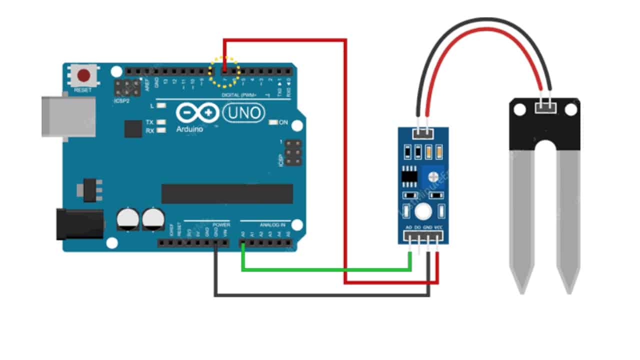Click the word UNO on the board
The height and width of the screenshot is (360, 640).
(244, 114)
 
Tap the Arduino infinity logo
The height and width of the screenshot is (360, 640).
(197, 114)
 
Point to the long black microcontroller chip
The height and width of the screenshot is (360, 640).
(227, 194)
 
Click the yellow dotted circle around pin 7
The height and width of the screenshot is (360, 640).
(224, 71)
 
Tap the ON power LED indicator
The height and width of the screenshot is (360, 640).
(273, 122)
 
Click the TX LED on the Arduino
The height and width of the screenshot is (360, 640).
(161, 122)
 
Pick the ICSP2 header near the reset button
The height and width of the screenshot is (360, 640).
(127, 88)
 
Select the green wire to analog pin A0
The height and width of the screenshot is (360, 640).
(325, 269)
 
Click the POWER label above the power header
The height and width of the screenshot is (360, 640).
(221, 225)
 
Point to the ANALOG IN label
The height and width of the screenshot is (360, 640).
(272, 225)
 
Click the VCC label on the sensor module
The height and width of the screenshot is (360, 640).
(438, 227)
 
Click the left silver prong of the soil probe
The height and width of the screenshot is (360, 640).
(522, 220)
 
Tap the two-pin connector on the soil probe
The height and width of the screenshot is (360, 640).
(545, 106)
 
